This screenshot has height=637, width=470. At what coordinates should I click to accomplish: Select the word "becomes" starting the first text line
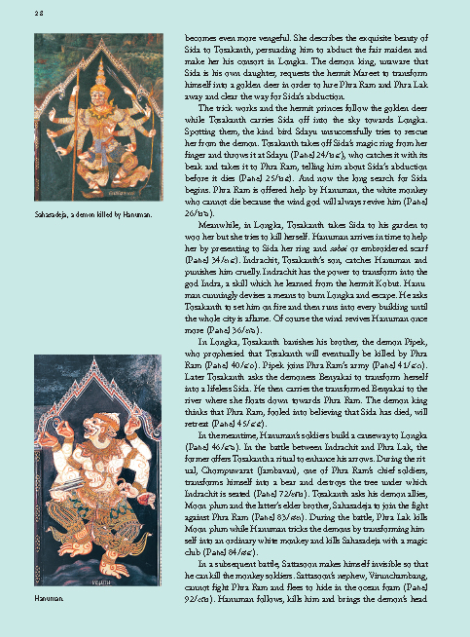[x=199, y=37]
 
